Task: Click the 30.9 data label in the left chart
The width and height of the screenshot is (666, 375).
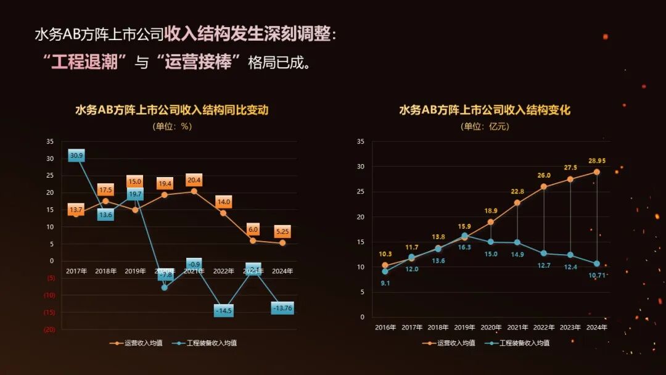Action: tap(76, 155)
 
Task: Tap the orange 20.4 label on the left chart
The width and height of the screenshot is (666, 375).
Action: tap(194, 180)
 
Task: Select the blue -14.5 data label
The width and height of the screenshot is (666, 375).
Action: tap(224, 311)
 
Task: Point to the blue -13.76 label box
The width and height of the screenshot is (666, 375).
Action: tap(282, 308)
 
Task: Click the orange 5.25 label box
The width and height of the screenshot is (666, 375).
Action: tap(282, 232)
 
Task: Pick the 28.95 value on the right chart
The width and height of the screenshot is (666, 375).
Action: tap(597, 160)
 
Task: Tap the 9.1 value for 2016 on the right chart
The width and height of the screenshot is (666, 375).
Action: tap(385, 283)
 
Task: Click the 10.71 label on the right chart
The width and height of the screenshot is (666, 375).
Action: tap(597, 275)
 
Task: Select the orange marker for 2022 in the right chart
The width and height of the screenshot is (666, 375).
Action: tap(543, 186)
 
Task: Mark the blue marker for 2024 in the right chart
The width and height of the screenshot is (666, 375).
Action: tap(596, 263)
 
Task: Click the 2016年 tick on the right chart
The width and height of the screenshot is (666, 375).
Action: tap(385, 328)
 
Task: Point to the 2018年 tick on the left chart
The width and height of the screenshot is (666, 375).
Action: tap(105, 271)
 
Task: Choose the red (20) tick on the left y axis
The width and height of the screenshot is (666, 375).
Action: tap(49, 329)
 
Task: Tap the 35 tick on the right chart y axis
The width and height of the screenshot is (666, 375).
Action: tap(361, 142)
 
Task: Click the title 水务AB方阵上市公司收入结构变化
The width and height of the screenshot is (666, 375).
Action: tap(485, 110)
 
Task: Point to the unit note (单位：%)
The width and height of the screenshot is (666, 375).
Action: tap(172, 126)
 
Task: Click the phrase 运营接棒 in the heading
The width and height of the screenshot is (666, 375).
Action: tap(198, 62)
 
